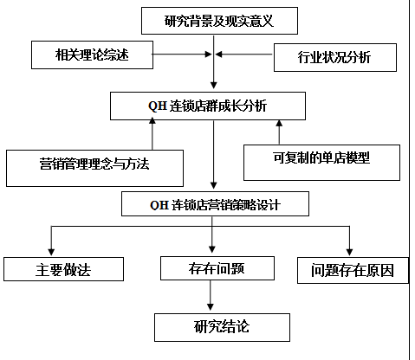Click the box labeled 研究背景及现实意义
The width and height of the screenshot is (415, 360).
pos(219,21)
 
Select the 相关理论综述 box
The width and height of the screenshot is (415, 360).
pos(92,55)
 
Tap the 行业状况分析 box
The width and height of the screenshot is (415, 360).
pos(335,57)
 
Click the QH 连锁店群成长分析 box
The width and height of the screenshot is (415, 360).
pos(208,106)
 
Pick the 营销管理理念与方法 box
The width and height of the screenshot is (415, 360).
pos(94,168)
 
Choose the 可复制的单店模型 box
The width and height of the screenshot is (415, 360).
pos(321,163)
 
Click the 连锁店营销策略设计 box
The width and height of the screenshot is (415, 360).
pos(215,203)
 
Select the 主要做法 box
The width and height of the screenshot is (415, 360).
pos(63,269)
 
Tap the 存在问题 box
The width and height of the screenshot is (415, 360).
pos(217,268)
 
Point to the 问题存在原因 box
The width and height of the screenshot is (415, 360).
pos(353,270)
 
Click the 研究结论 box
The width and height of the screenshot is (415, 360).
pos(222,327)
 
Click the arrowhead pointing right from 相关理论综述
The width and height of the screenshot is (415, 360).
pos(208,54)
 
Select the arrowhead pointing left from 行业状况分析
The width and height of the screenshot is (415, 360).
pos(218,54)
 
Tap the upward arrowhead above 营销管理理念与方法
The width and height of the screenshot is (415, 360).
pos(152,120)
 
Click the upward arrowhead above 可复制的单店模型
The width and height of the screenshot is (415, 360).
pos(279,123)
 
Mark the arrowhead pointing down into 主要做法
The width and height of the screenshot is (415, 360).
pos(51,252)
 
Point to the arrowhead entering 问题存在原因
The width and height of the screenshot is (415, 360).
pos(349,252)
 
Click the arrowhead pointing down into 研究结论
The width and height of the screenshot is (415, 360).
pos(211,306)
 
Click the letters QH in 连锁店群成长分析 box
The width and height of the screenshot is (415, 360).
pos(158,106)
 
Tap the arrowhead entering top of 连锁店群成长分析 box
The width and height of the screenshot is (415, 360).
pos(214,85)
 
